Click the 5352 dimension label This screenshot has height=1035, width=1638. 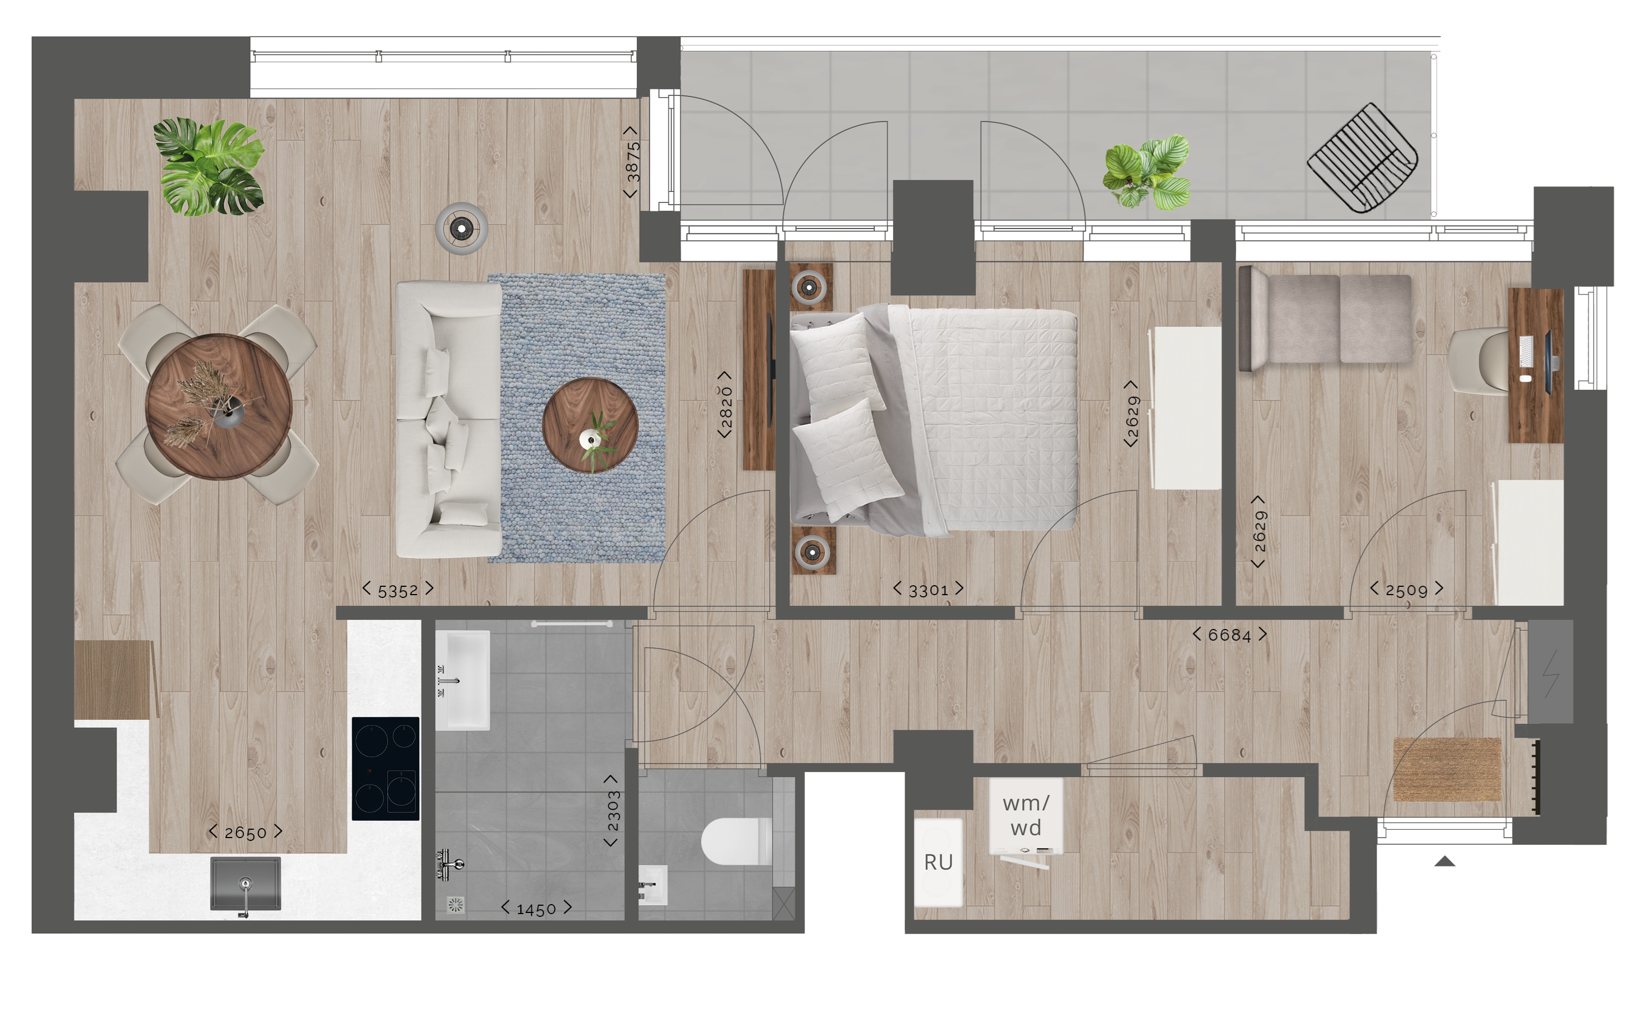click(398, 590)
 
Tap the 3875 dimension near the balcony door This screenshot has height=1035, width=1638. click(632, 162)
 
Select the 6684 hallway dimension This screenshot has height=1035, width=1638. click(1229, 635)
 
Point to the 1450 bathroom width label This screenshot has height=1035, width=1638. click(536, 909)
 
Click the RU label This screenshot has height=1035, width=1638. click(938, 862)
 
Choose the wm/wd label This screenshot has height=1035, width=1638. click(1026, 815)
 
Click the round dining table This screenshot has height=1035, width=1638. click(219, 406)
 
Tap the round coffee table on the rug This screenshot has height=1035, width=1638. click(590, 425)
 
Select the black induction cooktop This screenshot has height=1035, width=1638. click(386, 768)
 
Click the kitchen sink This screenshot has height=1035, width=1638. click(246, 884)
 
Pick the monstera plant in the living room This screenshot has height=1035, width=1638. click(209, 166)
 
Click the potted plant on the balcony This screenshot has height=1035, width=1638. click(1147, 172)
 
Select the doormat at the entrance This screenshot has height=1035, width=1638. click(1447, 769)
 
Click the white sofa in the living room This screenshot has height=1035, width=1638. click(449, 419)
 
